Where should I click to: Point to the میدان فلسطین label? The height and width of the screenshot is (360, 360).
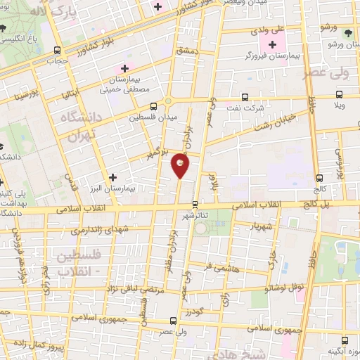153,117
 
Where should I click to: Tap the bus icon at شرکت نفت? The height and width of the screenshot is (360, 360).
245,98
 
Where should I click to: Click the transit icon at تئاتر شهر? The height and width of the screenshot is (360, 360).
195,204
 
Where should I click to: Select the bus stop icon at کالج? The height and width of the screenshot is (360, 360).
320,178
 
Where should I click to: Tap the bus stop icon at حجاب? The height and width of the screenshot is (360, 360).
57,51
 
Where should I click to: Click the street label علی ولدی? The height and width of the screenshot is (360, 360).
268,30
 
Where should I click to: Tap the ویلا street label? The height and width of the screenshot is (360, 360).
340,105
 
